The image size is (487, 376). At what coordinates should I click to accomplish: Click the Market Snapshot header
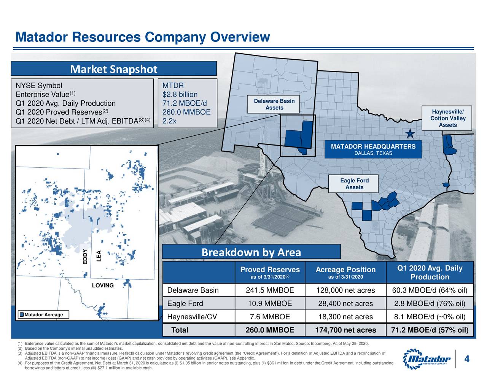113,69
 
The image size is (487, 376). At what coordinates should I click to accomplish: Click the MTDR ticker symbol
173,86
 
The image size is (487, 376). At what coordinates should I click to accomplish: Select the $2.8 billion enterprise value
180,95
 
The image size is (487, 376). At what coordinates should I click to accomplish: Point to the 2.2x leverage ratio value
169,121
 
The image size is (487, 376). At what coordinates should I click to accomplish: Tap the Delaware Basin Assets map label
274,104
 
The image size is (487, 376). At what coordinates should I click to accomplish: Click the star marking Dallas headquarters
410,134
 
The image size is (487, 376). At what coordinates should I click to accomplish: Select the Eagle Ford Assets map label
354,184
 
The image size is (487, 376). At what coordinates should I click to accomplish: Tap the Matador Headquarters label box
373,149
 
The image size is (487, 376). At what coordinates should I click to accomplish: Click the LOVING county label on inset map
103,286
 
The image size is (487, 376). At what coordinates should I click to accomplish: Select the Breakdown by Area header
251,252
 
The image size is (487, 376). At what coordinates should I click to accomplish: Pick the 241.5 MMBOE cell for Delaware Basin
270,290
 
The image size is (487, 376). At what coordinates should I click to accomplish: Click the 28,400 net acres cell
345,303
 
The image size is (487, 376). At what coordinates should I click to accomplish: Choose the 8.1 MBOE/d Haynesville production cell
430,317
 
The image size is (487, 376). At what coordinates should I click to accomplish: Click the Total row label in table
180,330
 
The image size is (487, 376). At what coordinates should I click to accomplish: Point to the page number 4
466,359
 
